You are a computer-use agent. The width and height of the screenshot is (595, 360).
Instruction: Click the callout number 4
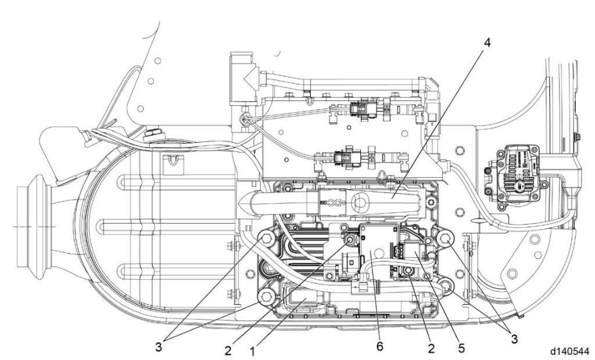(x=487, y=44)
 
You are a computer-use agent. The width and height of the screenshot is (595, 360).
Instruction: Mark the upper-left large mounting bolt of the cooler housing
(x=267, y=239)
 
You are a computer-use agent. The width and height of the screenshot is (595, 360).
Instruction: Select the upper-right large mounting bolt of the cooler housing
(x=446, y=238)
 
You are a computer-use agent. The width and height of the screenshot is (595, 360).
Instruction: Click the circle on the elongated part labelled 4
(x=359, y=203)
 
